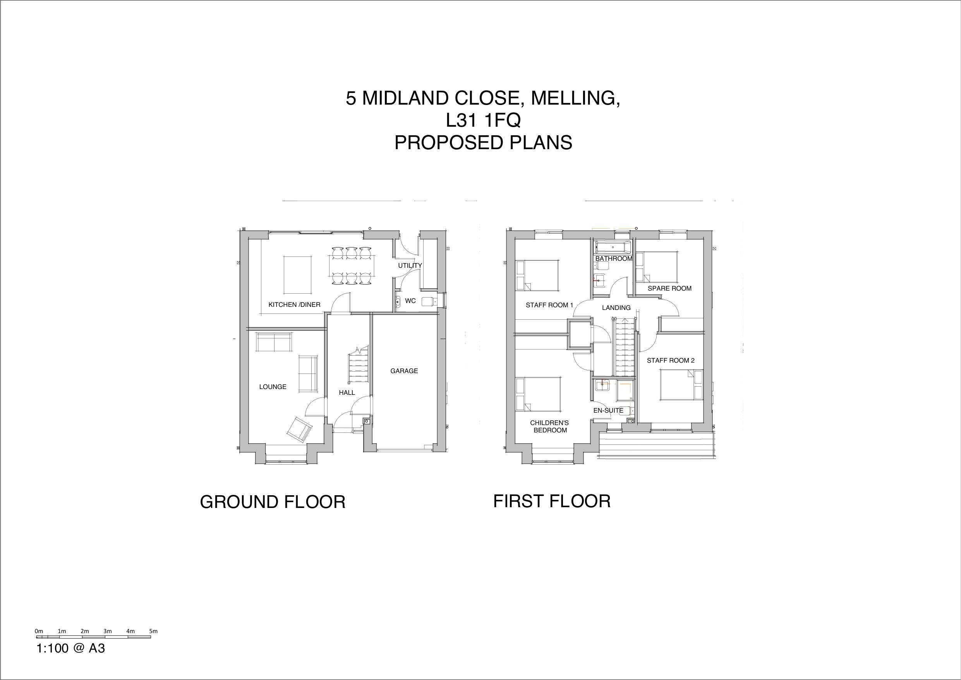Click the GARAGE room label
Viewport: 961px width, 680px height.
(404, 371)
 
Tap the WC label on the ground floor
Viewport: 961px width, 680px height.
(410, 301)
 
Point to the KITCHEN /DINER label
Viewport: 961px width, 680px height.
(294, 305)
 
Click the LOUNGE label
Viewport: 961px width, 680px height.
(273, 387)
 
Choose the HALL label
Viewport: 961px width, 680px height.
(347, 393)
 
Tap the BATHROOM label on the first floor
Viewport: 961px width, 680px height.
(614, 258)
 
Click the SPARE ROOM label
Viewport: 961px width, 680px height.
(669, 288)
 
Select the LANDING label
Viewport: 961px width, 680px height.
(616, 308)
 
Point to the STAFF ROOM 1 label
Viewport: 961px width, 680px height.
(549, 305)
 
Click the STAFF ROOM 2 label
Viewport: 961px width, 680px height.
(671, 360)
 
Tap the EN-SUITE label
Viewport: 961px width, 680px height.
(608, 411)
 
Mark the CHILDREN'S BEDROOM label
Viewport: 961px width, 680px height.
(550, 427)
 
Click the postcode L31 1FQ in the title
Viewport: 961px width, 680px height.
(483, 120)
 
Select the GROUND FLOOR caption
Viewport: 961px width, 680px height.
(273, 502)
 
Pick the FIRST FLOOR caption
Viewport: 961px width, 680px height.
(552, 501)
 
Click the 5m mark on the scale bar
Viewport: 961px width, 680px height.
(153, 631)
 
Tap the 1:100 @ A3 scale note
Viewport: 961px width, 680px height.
(71, 649)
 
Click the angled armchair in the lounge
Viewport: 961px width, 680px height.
(299, 429)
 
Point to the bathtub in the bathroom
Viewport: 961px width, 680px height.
(613, 247)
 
